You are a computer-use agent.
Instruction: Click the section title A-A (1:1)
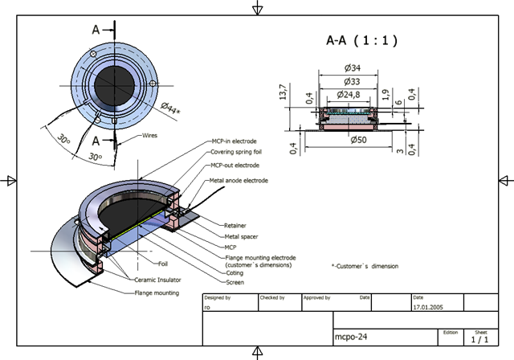point(361,40)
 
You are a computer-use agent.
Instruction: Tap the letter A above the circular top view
point(96,30)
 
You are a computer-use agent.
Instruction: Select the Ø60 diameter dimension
point(359,140)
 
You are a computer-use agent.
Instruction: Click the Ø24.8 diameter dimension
point(349,95)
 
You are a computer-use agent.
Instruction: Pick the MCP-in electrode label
point(234,141)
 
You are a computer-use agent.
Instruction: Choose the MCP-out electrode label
point(234,166)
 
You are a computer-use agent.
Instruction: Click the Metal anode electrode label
point(239,181)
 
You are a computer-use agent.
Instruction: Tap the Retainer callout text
point(235,226)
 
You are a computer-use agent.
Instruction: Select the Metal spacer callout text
point(240,238)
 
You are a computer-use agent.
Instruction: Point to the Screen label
point(235,282)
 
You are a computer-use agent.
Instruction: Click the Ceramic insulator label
point(157,280)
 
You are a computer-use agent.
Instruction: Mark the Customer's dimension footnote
point(365,265)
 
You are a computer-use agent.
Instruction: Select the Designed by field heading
point(218,297)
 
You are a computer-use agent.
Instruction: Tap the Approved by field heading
point(316,297)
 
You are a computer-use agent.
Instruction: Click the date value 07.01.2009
point(428,307)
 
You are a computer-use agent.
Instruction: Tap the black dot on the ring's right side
point(149,81)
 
